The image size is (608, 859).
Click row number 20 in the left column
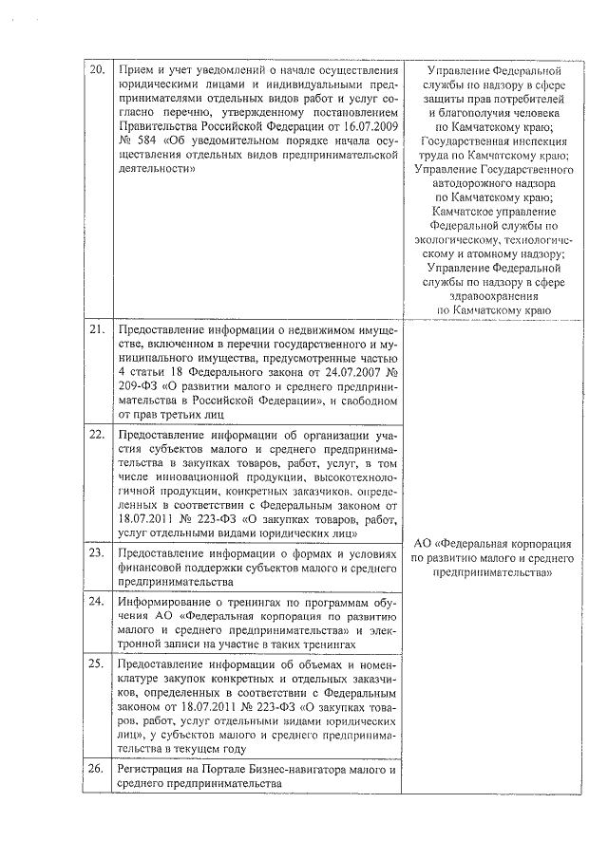click(97, 71)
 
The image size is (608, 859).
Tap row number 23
click(97, 551)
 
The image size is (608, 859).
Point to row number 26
click(97, 768)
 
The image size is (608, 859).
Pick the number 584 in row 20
click(142, 141)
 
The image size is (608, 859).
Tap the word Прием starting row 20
click(134, 71)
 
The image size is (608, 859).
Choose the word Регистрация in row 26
click(148, 768)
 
